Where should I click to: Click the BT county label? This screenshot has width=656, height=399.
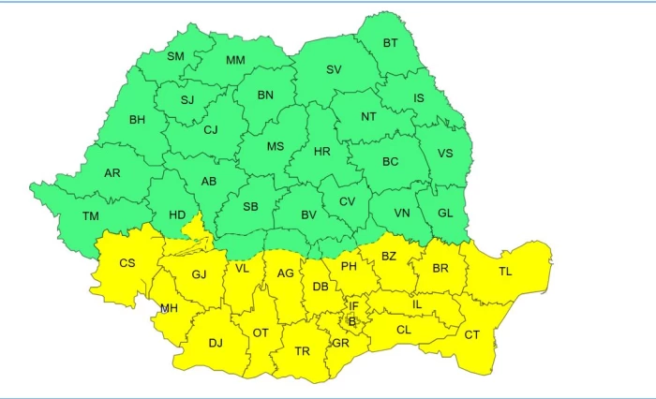[391, 43]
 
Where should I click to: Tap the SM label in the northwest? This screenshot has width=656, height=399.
[175, 56]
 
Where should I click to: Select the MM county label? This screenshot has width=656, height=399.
[235, 61]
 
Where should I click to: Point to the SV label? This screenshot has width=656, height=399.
[334, 69]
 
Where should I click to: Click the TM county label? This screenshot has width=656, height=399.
[90, 216]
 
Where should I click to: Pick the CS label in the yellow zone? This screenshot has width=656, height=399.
[127, 263]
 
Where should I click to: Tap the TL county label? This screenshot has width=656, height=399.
[505, 272]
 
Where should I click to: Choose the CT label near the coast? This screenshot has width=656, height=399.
[472, 334]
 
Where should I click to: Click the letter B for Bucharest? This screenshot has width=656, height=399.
[352, 321]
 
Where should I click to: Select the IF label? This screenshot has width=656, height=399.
[354, 305]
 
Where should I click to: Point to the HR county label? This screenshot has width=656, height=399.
[321, 152]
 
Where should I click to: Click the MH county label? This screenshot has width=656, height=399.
[169, 307]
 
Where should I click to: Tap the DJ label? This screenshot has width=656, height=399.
[216, 343]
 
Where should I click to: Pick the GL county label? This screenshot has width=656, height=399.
[445, 213]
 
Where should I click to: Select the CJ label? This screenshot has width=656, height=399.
[210, 130]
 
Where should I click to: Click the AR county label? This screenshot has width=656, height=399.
[112, 173]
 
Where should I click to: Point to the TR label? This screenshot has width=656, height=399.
[302, 351]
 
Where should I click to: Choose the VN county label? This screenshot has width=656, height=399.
[401, 214]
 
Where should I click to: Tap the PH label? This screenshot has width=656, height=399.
[349, 267]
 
